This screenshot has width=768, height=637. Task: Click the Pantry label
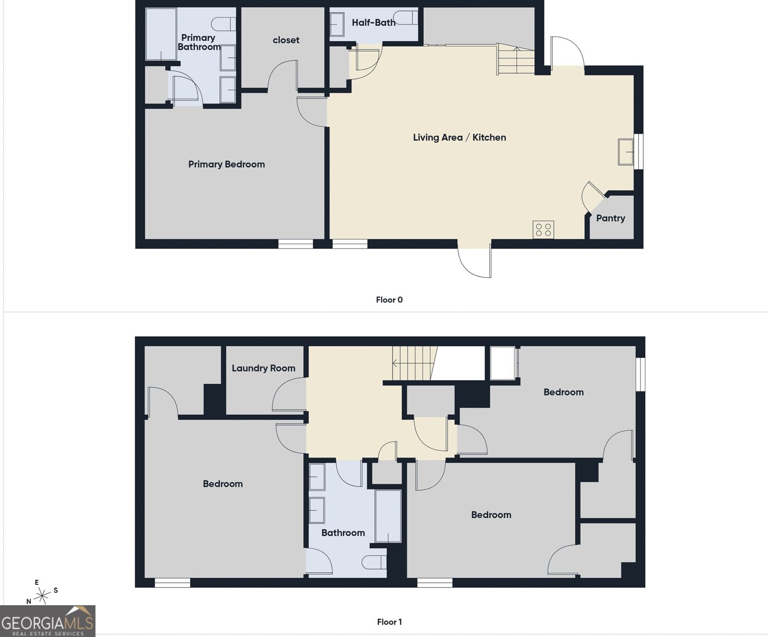pyautogui.click(x=610, y=218)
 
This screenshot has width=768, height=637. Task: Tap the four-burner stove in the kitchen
pyautogui.click(x=543, y=230)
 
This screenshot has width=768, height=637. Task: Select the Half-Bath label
pyautogui.click(x=373, y=22)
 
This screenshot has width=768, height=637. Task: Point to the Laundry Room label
pyautogui.click(x=263, y=368)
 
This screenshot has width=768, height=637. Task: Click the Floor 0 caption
pyautogui.click(x=389, y=300)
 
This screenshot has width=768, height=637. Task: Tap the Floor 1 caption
pyautogui.click(x=389, y=622)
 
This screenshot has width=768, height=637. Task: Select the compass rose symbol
pyautogui.click(x=41, y=595)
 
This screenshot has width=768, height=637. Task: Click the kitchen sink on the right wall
pyautogui.click(x=626, y=152)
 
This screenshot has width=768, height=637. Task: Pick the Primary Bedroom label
pyautogui.click(x=226, y=165)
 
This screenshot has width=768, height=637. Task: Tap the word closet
pyautogui.click(x=286, y=40)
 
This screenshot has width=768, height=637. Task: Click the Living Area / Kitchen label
pyautogui.click(x=459, y=137)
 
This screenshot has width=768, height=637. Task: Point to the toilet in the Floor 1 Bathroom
pyautogui.click(x=374, y=562)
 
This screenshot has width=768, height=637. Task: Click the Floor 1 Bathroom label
pyautogui.click(x=343, y=533)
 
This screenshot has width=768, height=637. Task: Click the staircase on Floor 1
pyautogui.click(x=413, y=363)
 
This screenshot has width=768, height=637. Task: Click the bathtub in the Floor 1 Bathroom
pyautogui.click(x=388, y=515)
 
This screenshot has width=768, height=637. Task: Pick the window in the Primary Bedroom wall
pyautogui.click(x=296, y=244)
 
